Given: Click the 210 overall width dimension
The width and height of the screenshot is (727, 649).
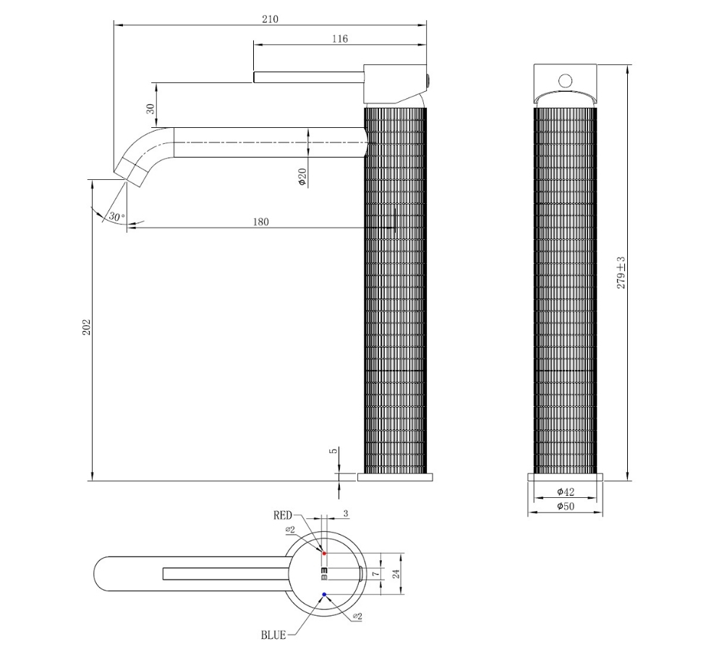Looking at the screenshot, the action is pos(271,19).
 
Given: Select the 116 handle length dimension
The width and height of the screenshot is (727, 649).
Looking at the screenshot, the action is pos(340,39).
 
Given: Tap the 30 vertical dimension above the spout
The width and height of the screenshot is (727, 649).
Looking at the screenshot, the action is pos(150,109).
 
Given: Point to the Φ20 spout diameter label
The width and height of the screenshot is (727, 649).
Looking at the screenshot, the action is pos(302,177).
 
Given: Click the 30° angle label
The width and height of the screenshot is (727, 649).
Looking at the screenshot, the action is pos(116,216).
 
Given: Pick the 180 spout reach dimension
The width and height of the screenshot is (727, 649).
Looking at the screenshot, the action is pos(260,222).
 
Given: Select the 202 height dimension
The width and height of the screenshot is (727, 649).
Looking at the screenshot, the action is pos(87,327).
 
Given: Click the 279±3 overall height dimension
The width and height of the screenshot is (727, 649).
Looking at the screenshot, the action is pos(621,273).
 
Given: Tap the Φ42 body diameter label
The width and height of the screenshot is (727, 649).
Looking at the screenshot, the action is pos(566,491).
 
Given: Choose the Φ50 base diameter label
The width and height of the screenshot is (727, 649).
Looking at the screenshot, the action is pos(566,507).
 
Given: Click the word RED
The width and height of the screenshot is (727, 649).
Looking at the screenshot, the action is pos(283,515).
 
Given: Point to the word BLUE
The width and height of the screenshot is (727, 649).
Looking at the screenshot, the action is pos(273,635).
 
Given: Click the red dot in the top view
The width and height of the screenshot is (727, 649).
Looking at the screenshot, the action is pos(324,553).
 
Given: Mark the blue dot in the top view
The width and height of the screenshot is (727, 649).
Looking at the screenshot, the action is pos(324,594).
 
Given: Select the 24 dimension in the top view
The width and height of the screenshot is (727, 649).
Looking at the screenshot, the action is pos(396,575).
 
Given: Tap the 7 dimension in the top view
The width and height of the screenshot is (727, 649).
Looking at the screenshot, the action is pos(376,574).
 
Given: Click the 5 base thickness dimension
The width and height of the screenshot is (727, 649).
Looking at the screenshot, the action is pos(335,451).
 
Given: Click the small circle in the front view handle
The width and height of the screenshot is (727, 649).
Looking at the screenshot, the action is pos(565,81).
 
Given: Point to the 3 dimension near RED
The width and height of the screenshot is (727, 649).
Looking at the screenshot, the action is pos(346,514).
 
